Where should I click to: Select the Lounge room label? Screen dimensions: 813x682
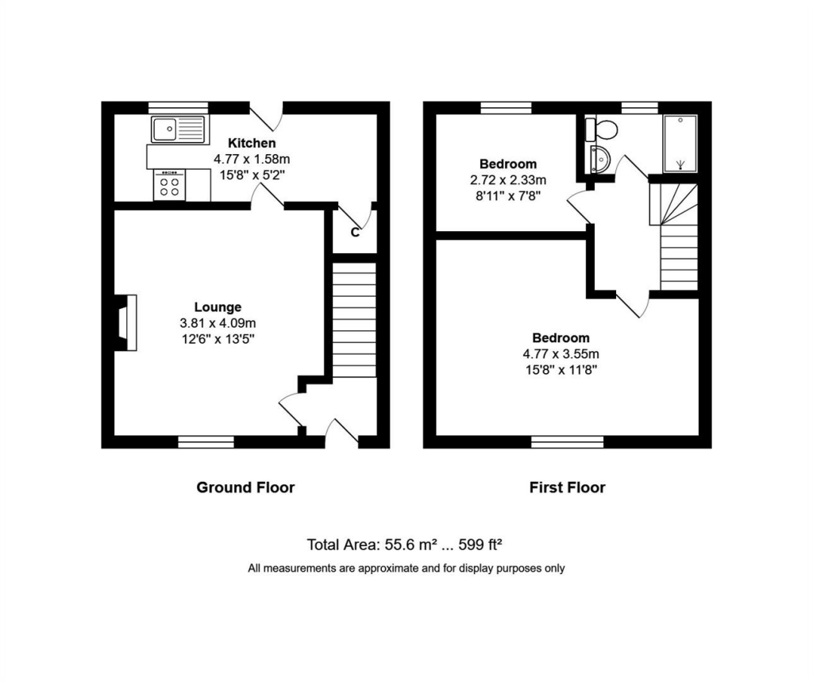[x=218, y=307]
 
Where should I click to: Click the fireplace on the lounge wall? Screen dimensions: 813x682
[x=126, y=322]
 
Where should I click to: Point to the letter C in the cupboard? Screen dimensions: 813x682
[x=355, y=233]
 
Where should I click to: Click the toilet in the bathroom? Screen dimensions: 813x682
[x=602, y=129]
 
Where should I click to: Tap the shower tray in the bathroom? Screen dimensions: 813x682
[x=680, y=144]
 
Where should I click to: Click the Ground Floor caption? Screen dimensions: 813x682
[x=245, y=487]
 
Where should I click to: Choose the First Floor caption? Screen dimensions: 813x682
[x=567, y=487]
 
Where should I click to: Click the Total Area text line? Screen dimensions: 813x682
[x=404, y=545]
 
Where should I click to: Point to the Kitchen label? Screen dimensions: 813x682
[x=252, y=143]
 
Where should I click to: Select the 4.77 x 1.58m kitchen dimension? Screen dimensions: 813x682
[x=252, y=159]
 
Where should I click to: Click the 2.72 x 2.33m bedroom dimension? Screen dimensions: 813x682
[x=508, y=180]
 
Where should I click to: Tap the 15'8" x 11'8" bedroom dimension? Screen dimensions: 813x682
[x=561, y=370]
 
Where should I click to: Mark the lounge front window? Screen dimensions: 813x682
[x=206, y=442]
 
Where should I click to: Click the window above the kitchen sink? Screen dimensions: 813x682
[x=179, y=108]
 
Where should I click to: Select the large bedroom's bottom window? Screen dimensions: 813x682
[x=567, y=442]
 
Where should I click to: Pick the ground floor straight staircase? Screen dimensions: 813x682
[x=354, y=320]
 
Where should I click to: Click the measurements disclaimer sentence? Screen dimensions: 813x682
[x=406, y=568]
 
